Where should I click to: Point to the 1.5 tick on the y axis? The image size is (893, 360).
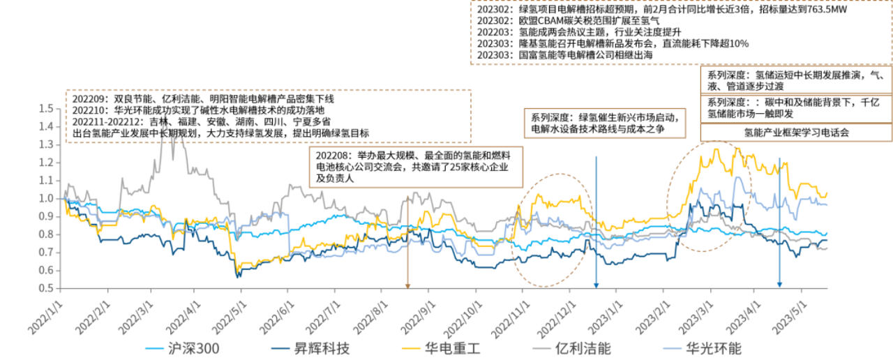47,108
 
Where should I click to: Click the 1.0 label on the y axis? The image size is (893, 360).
47,198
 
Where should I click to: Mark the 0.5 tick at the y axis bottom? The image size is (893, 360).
47,287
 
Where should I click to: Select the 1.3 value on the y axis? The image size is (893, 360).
47,144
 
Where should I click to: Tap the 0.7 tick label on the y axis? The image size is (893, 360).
47,252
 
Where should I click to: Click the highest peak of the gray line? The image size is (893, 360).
165,115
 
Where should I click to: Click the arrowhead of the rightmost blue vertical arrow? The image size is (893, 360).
779,284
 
